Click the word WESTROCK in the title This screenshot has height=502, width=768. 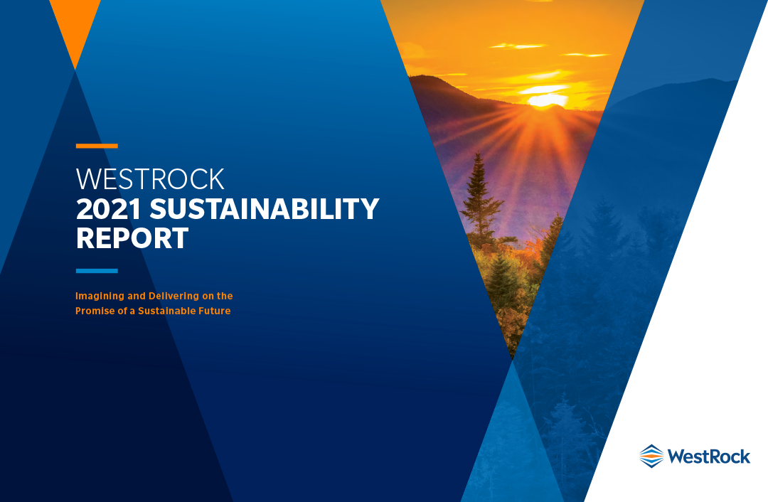pyautogui.click(x=150, y=179)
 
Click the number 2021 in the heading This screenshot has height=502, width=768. pyautogui.click(x=109, y=209)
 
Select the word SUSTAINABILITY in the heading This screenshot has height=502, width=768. pyautogui.click(x=265, y=209)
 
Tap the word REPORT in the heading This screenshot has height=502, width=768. pyautogui.click(x=132, y=238)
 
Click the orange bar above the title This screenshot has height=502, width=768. pyautogui.click(x=97, y=146)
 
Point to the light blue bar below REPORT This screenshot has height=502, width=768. pyautogui.click(x=97, y=271)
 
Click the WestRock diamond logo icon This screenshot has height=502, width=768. pyautogui.click(x=651, y=456)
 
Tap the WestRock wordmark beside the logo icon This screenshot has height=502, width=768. pyautogui.click(x=709, y=456)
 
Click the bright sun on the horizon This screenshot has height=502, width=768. pyautogui.click(x=548, y=100)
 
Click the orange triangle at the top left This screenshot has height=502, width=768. pyautogui.click(x=75, y=24)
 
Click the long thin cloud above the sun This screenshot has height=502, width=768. pyautogui.click(x=518, y=46)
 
